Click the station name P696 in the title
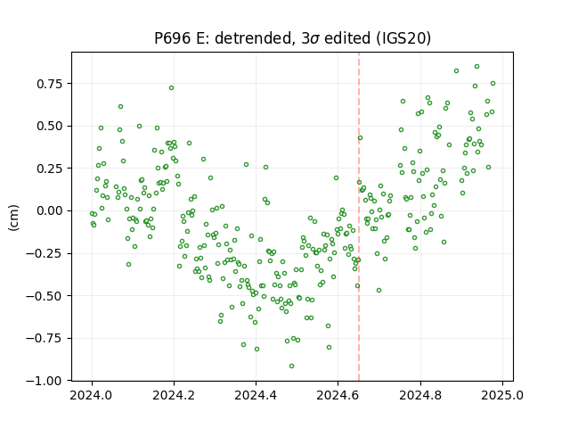pos(173,38)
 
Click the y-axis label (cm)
pos(13,218)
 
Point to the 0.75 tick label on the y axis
pos(50,84)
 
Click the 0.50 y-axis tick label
pos(50,127)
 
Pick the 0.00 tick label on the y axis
pos(50,211)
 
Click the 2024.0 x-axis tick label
pos(92,395)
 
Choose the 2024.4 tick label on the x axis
pos(256,395)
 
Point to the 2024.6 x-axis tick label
pos(338,395)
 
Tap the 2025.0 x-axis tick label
pos(502,395)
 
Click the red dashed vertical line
pos(359,217)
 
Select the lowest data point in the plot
pos(291,366)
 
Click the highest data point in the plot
pos(477,67)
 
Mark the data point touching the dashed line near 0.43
pos(360,138)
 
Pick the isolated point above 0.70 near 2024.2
pos(172,88)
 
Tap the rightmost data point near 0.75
pos(493,83)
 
